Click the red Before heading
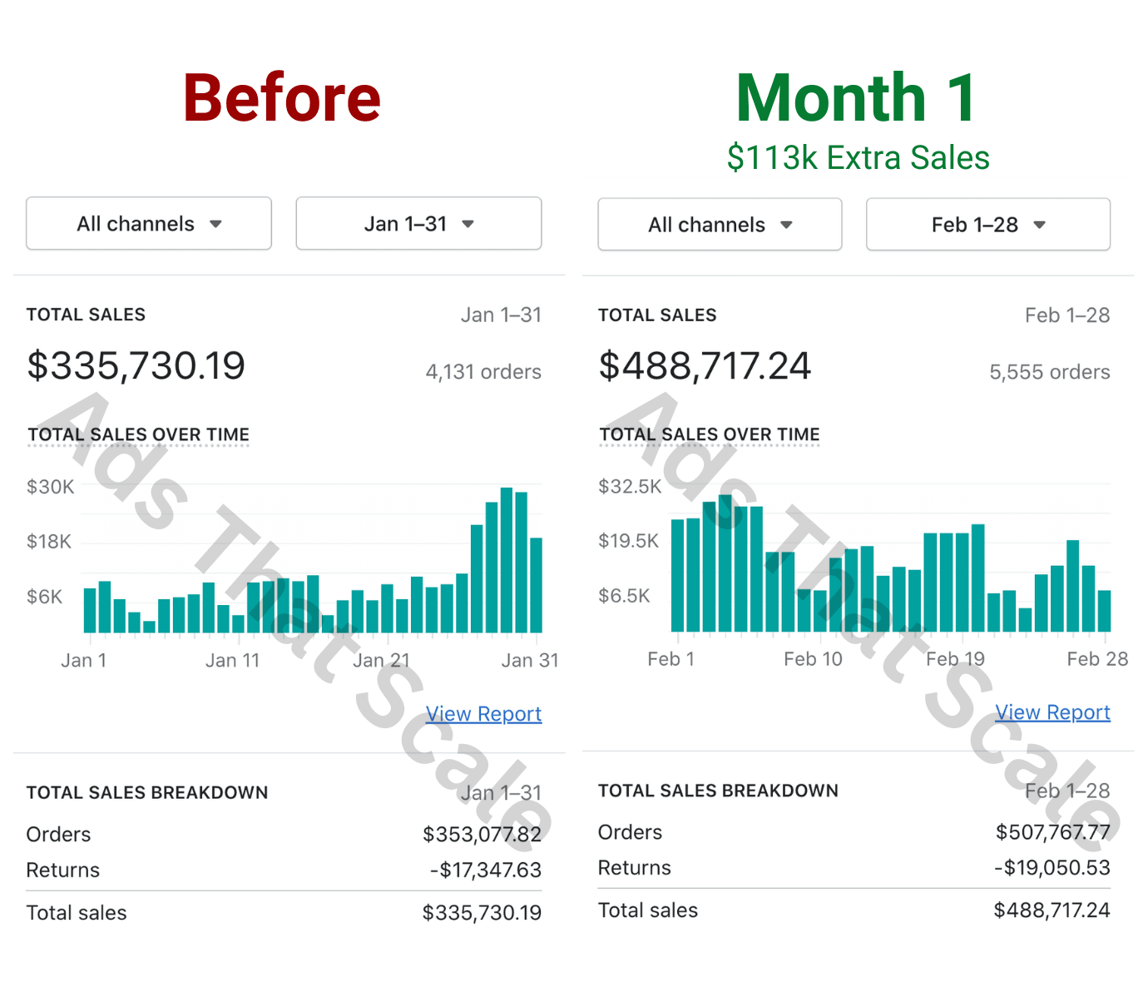tap(282, 98)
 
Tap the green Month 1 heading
tap(856, 98)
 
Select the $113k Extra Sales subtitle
tap(858, 157)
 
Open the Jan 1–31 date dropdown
tap(418, 224)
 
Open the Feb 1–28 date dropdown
tap(987, 225)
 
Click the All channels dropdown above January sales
tap(149, 224)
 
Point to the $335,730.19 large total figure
tap(136, 365)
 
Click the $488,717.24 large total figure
tap(705, 365)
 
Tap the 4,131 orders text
tap(483, 372)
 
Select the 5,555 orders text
tap(1049, 372)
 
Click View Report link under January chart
tap(483, 714)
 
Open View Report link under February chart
tap(1052, 712)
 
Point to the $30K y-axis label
tap(51, 487)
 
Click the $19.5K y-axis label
tap(629, 541)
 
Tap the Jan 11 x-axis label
tap(233, 661)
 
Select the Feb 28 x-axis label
tap(1097, 659)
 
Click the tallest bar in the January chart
tap(507, 560)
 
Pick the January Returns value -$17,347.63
tap(486, 870)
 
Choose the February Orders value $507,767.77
tap(1052, 832)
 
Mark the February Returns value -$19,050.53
tap(1052, 868)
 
